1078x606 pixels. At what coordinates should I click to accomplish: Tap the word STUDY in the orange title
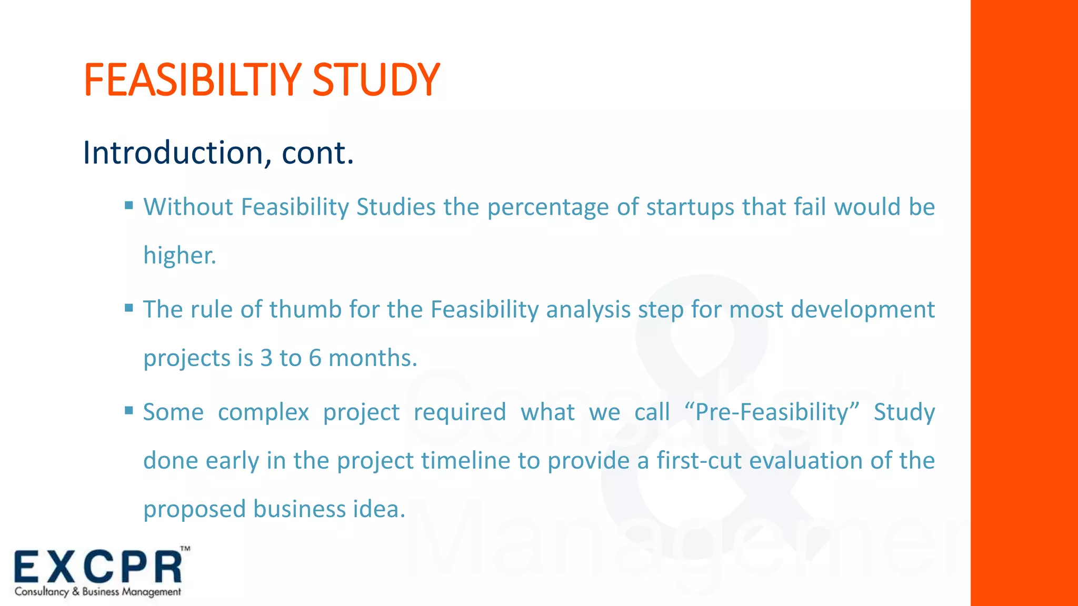click(x=376, y=80)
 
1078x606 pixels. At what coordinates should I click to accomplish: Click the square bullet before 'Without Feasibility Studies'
click(x=129, y=205)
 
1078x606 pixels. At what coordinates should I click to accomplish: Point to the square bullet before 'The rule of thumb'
click(x=129, y=308)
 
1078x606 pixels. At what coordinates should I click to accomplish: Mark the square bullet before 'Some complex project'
click(x=129, y=410)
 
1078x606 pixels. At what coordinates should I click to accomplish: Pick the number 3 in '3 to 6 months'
click(x=266, y=358)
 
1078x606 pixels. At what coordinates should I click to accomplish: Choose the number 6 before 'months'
click(x=315, y=358)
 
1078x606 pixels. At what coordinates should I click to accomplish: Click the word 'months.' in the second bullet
click(x=373, y=358)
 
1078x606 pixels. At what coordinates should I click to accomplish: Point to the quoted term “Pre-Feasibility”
click(x=772, y=412)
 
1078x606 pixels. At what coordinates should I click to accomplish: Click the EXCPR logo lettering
click(x=98, y=567)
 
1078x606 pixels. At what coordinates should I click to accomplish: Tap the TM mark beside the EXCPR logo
click(x=185, y=549)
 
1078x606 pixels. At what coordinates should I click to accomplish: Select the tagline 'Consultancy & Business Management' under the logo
click(x=98, y=592)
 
